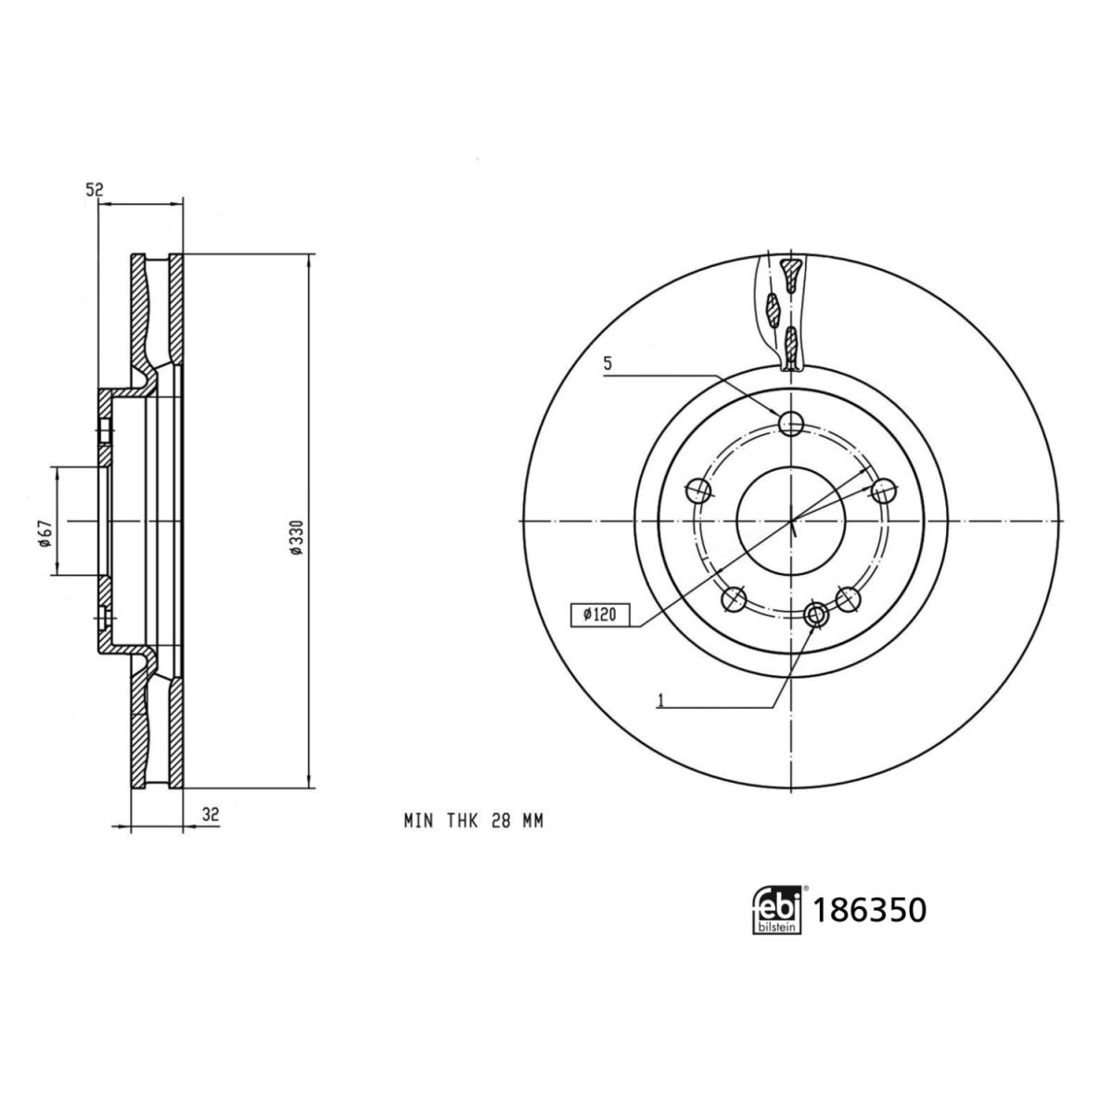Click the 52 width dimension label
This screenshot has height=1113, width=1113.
[94, 189]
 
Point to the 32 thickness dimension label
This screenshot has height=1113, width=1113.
[211, 815]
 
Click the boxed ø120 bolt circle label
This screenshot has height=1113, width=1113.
[600, 615]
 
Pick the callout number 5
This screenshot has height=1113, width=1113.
[607, 364]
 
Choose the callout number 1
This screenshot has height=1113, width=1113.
[660, 701]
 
